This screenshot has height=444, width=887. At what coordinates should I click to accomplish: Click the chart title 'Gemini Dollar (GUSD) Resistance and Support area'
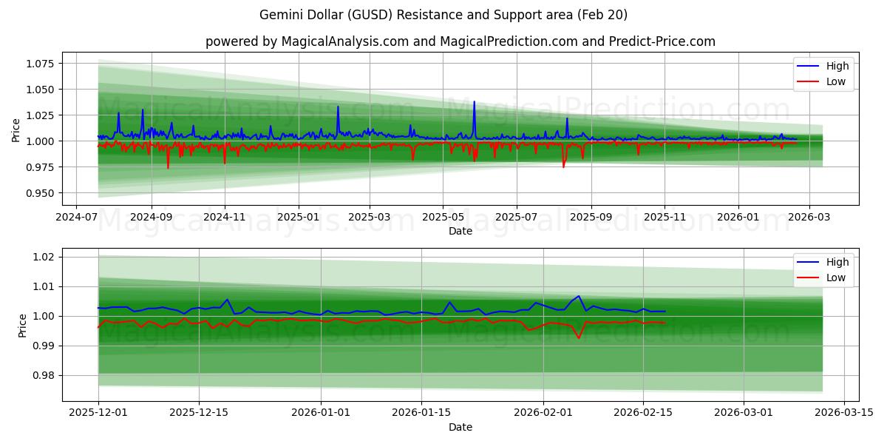click(x=443, y=15)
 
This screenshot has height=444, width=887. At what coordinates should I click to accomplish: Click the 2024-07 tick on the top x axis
click(x=78, y=218)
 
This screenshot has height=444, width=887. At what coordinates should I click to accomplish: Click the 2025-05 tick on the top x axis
click(x=443, y=218)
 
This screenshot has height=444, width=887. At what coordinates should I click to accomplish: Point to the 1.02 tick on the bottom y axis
click(x=44, y=257)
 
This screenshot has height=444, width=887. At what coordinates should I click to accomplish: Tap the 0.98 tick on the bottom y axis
click(x=44, y=375)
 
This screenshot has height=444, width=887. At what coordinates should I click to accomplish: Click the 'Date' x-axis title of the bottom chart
click(x=461, y=427)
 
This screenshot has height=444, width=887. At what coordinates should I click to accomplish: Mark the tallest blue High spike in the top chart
click(x=474, y=102)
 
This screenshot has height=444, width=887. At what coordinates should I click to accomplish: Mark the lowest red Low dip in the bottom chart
click(x=579, y=338)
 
